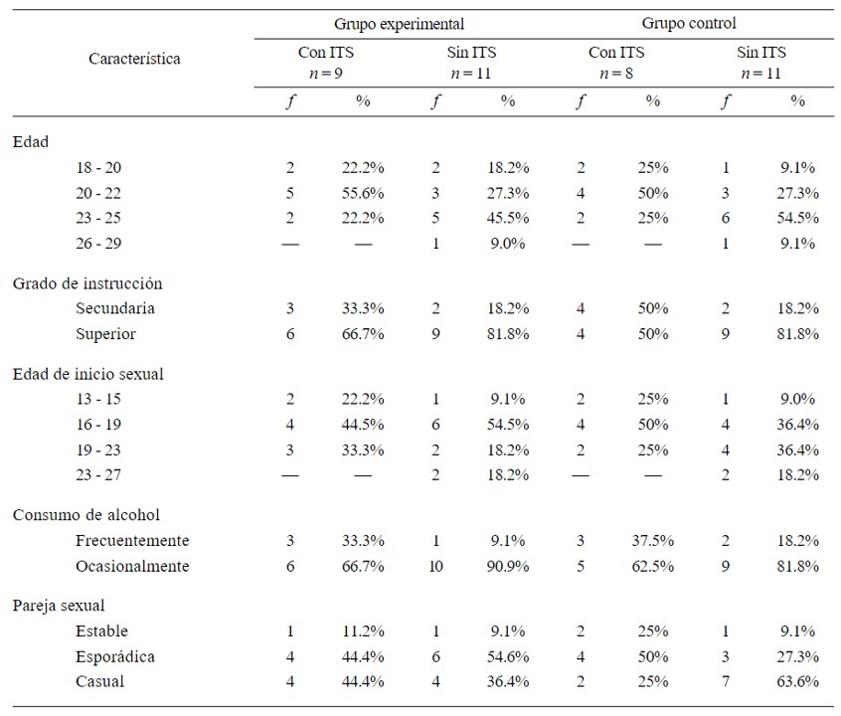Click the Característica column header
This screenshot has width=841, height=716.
(x=134, y=59)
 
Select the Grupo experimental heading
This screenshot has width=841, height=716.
(x=399, y=24)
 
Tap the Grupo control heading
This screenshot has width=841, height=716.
(x=689, y=23)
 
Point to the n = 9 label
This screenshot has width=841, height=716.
(x=326, y=73)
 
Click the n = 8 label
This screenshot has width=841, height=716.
(x=615, y=73)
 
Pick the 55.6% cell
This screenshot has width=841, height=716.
(x=363, y=193)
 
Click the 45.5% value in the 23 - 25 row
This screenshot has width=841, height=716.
(x=508, y=218)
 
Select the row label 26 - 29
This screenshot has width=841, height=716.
(x=98, y=243)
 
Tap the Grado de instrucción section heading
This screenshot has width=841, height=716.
(x=87, y=283)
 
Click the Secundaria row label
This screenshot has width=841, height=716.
(x=115, y=308)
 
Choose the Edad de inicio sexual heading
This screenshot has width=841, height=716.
(x=87, y=374)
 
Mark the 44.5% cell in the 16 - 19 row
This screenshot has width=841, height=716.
(x=363, y=425)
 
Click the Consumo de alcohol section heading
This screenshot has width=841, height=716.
(x=86, y=515)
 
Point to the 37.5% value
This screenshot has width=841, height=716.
(x=653, y=541)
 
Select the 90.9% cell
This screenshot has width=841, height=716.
(x=508, y=566)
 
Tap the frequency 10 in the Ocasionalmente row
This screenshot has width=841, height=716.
(x=435, y=566)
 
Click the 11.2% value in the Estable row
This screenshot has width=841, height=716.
(x=363, y=630)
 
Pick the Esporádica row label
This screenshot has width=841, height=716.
(x=115, y=656)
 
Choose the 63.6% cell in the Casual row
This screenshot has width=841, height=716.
(x=798, y=681)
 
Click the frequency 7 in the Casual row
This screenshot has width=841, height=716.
(x=725, y=681)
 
